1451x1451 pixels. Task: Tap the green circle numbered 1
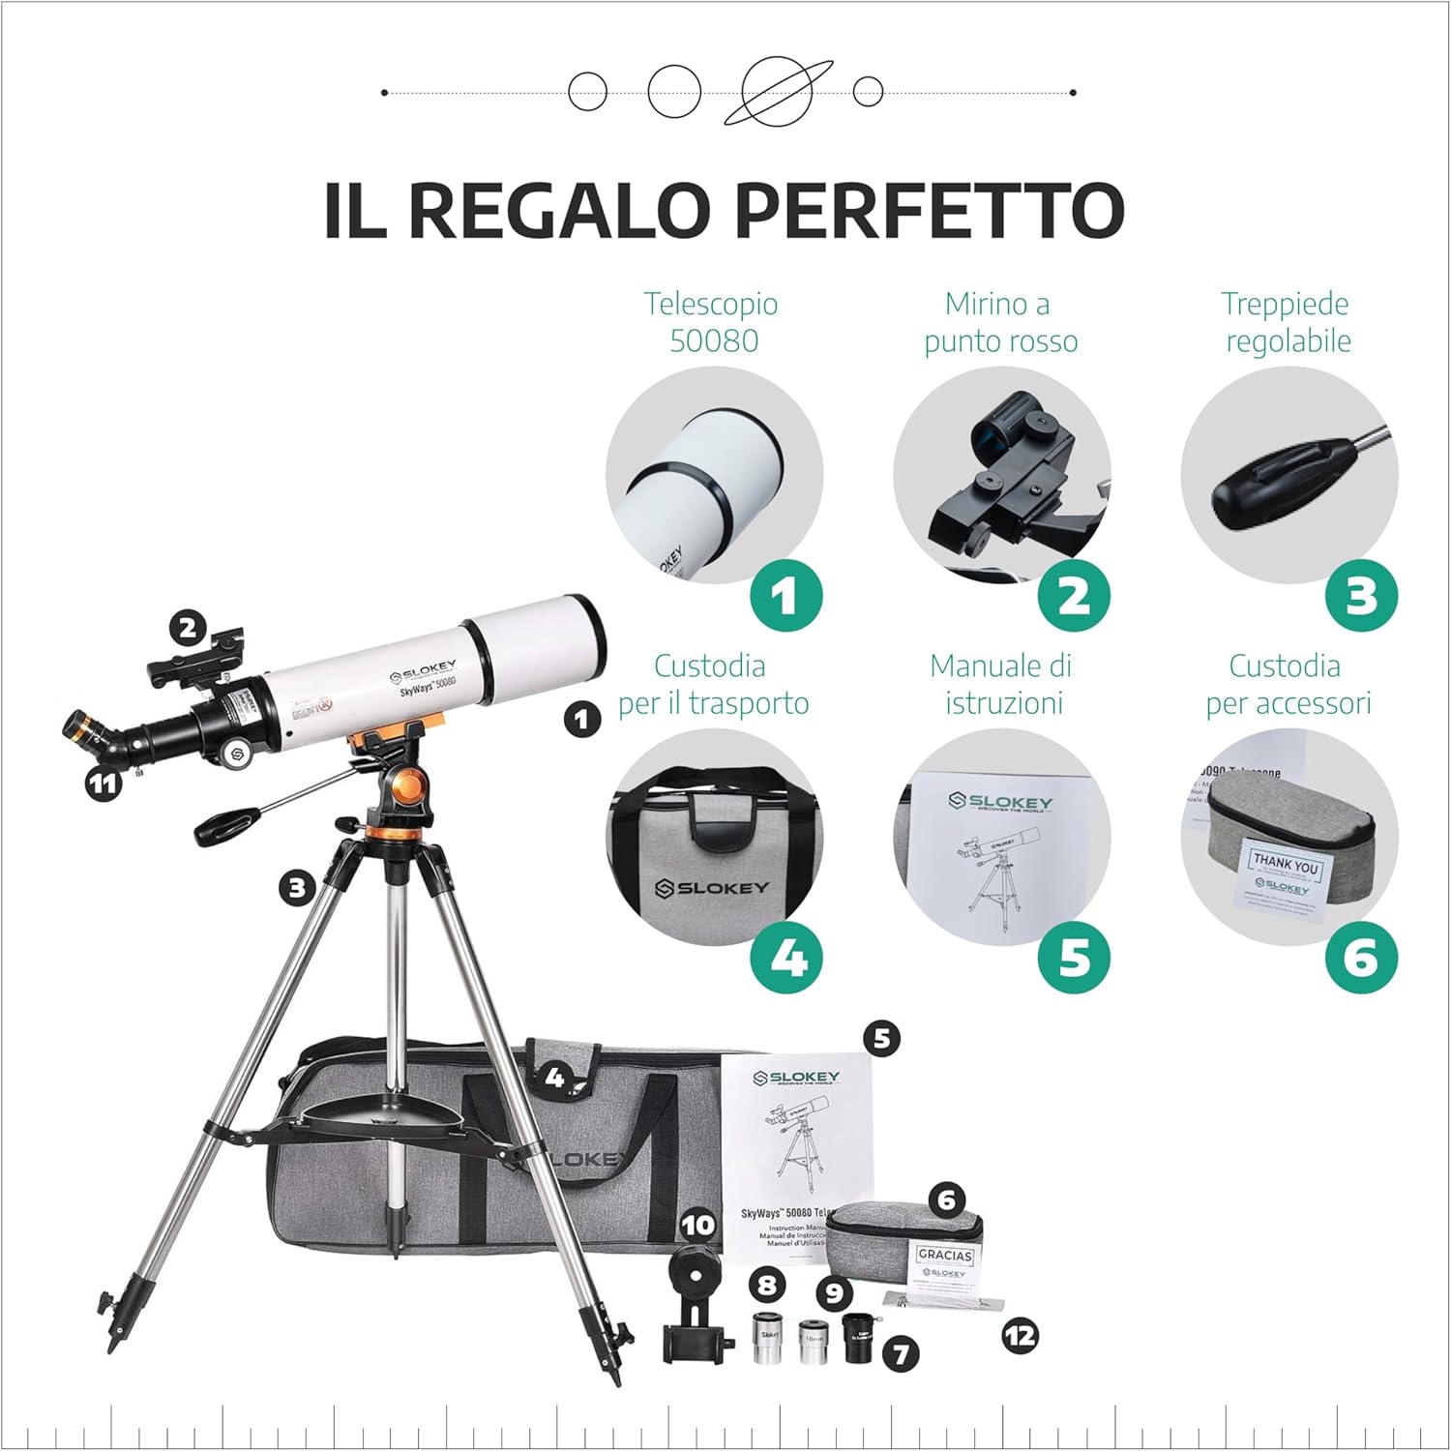[x=785, y=596]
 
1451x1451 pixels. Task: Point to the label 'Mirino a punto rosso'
[x=1000, y=322]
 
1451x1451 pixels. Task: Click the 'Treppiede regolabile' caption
[x=1287, y=322]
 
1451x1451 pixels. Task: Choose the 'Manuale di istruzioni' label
[x=1000, y=684]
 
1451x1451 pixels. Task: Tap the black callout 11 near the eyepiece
[x=103, y=784]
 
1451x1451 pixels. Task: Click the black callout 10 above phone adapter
[x=696, y=1226]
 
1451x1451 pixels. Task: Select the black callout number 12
[x=1020, y=1337]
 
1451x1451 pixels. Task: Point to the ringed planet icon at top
[x=778, y=91]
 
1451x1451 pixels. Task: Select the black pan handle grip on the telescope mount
[x=226, y=825]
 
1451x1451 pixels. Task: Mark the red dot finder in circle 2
[x=1006, y=474]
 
